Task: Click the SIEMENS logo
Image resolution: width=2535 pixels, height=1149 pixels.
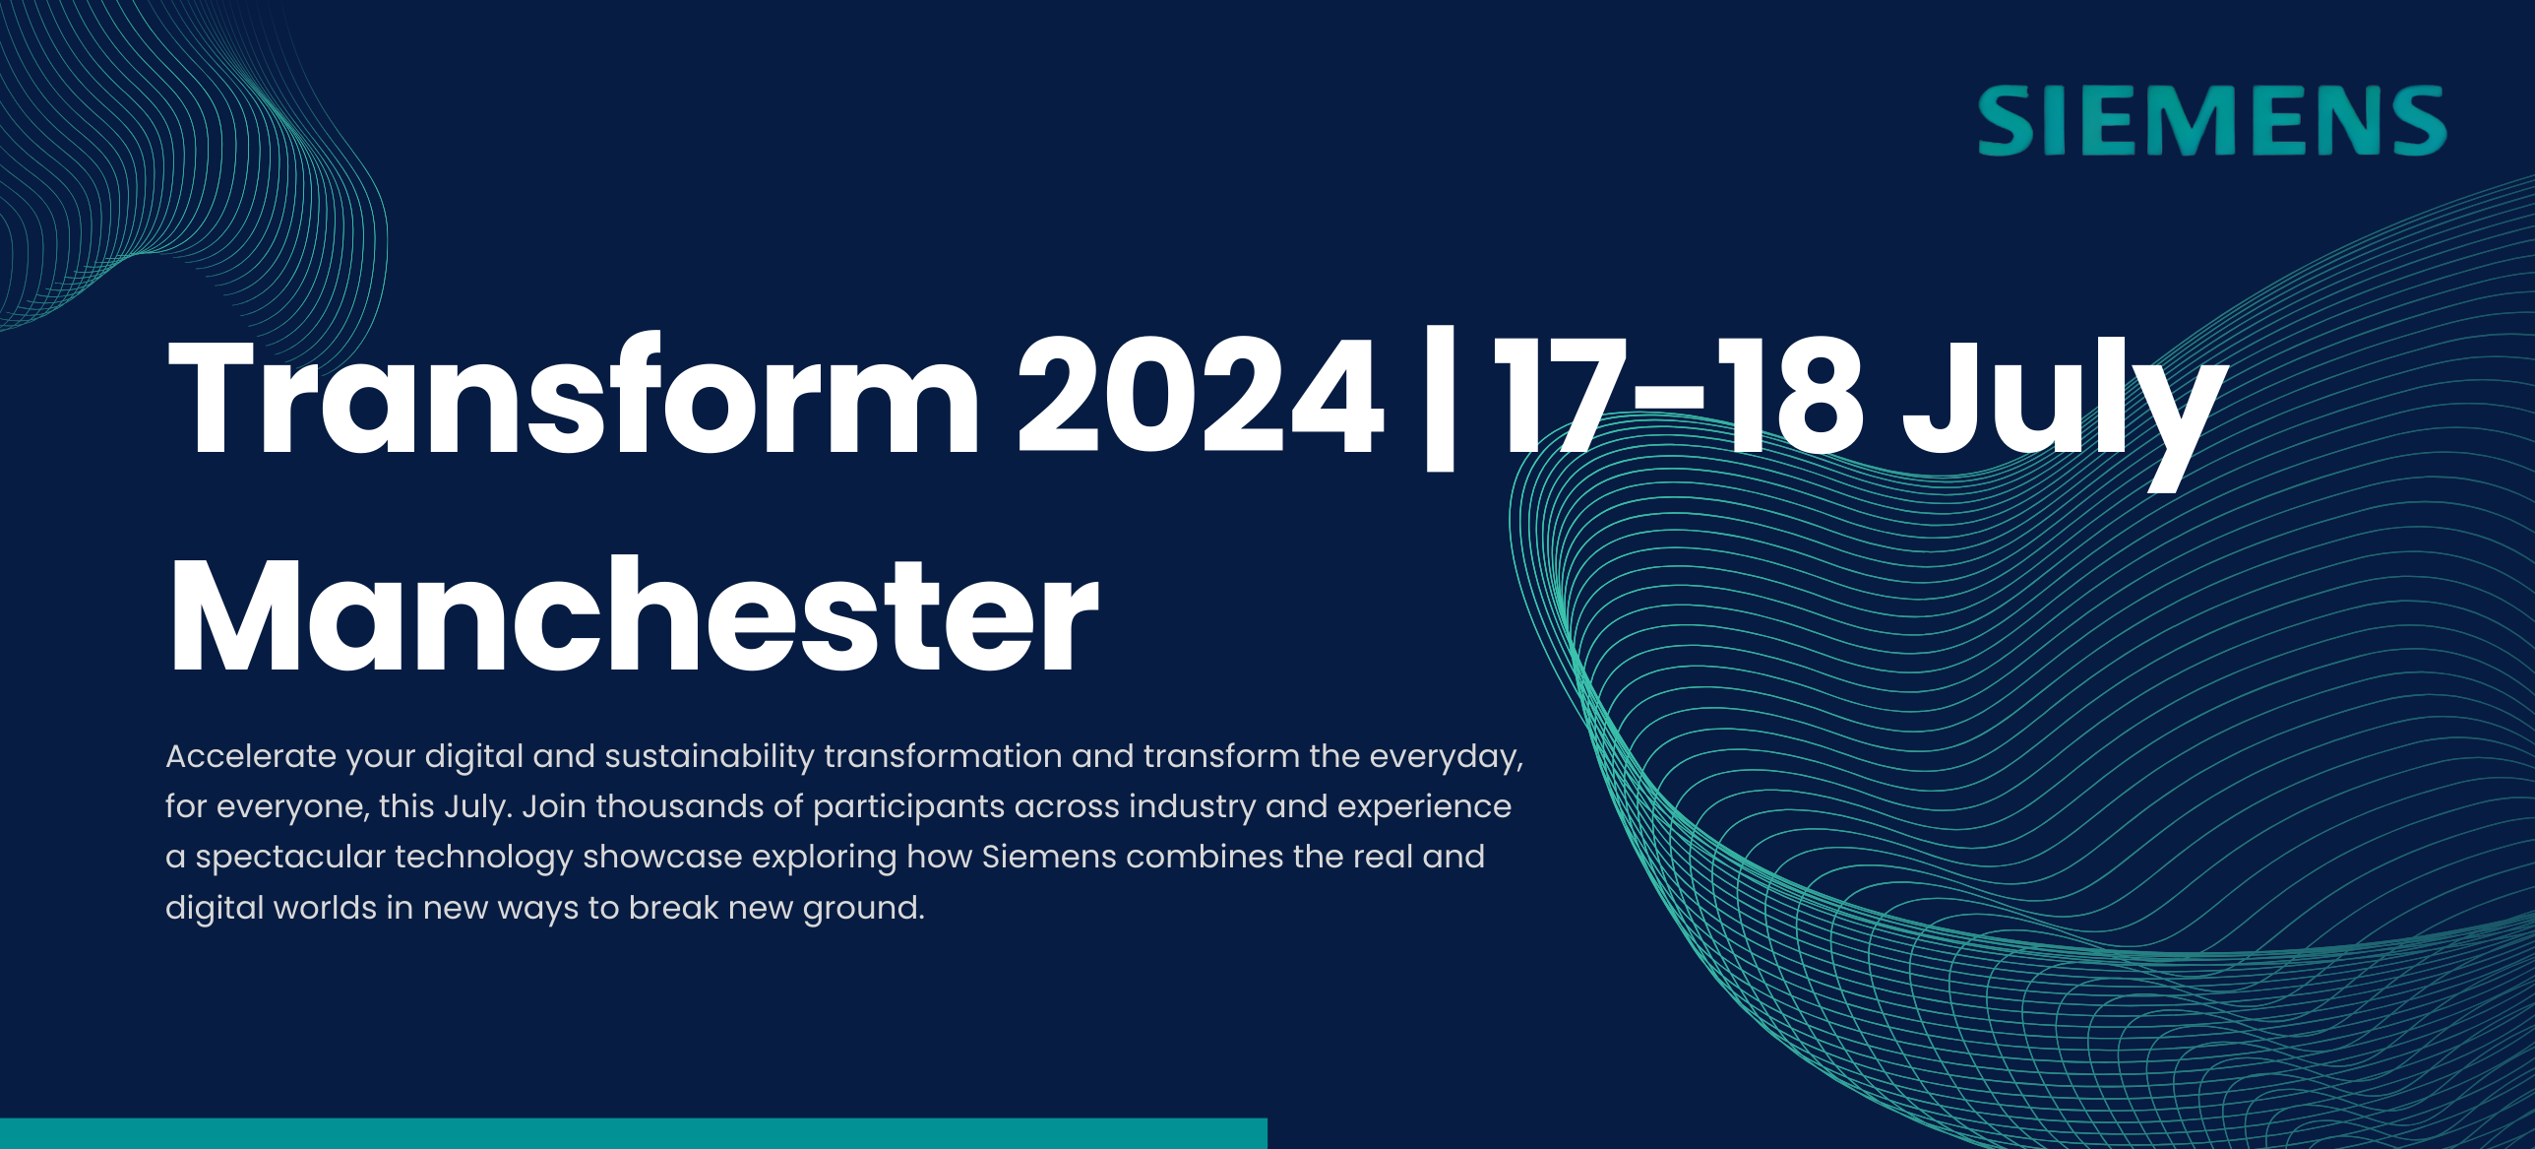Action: pos(2212,121)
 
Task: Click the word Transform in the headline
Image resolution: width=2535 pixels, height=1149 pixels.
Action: pos(575,396)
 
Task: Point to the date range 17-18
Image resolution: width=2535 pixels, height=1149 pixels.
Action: pos(1679,395)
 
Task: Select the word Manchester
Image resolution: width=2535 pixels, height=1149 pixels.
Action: pos(634,614)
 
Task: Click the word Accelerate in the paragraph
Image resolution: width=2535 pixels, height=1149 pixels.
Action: pos(251,756)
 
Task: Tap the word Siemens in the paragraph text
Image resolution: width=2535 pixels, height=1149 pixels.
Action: pos(1049,857)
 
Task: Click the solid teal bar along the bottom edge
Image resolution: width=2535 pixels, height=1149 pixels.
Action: pos(634,1133)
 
